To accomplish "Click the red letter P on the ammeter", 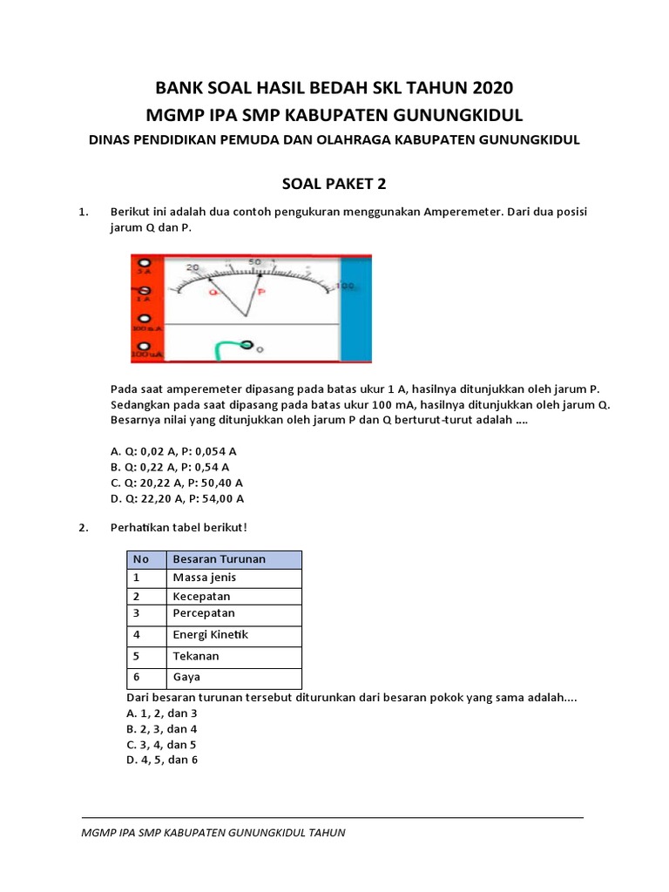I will pos(260,292).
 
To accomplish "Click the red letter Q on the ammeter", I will pos(212,292).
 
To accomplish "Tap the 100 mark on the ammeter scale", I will pos(345,286).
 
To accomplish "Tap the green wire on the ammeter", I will pos(223,348).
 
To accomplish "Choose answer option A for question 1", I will pos(173,451).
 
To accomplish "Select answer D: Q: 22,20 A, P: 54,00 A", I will pos(177,498).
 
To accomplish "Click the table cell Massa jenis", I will pos(205,578).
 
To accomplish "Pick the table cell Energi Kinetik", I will pos(211,635).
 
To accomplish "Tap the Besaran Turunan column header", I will pos(219,559).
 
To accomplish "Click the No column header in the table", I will pos(141,559).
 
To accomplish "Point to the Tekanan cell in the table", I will pos(196,656).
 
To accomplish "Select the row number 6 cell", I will pos(137,677).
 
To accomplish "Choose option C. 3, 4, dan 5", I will pos(161,744).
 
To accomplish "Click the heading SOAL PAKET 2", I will pos(334,184).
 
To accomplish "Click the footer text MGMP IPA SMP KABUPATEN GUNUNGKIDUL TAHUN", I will pos(213,833).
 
